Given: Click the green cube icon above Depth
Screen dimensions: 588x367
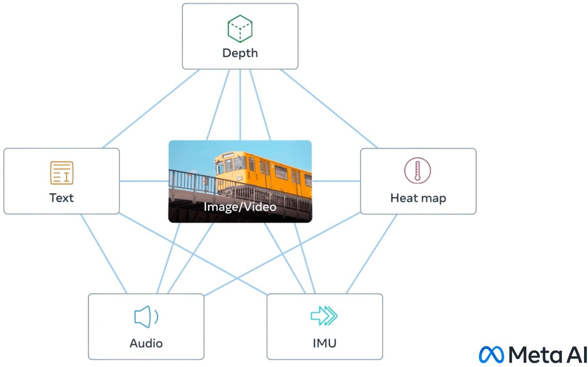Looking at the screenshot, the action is (240, 28).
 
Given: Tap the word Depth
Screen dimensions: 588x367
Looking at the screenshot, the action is (240, 53).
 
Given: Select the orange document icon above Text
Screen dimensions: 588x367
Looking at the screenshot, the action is (62, 173).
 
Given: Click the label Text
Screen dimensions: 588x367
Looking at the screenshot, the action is (61, 198).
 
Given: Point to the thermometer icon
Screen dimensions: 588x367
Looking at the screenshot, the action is (417, 170).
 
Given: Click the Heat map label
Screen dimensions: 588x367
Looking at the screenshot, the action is (418, 198).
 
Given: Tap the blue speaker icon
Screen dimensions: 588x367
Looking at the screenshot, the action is (146, 316).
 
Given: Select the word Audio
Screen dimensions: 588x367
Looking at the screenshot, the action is (146, 343).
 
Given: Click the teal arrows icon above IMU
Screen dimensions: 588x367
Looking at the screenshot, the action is (324, 316).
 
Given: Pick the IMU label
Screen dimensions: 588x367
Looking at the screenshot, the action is (325, 343).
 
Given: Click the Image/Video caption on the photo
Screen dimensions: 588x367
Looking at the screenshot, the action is (240, 207).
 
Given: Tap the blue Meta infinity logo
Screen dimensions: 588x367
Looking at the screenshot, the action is (492, 355).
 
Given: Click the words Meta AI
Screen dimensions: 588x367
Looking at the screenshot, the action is (547, 355).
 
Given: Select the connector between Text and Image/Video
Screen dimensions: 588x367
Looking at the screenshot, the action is (144, 181).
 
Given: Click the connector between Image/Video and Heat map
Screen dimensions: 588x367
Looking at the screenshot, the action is (336, 181).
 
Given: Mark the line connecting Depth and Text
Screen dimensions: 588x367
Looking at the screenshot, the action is (151, 109).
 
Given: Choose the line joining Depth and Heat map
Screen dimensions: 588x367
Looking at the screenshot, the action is (329, 109).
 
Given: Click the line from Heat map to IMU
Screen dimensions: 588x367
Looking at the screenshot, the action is (371, 254).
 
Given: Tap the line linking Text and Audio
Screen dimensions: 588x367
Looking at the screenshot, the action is (104, 254).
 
